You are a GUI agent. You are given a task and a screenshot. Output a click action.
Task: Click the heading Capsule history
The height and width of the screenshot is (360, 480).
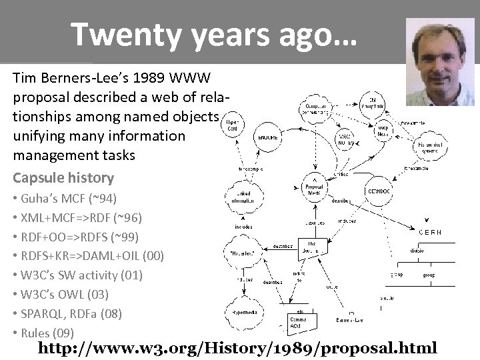63,178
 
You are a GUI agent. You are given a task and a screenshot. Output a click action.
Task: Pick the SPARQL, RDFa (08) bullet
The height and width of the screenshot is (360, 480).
77,313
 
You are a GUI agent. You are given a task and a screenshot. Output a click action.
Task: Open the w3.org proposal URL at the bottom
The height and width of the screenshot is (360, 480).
237,348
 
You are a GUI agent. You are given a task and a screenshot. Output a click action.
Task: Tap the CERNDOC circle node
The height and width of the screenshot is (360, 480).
381,191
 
